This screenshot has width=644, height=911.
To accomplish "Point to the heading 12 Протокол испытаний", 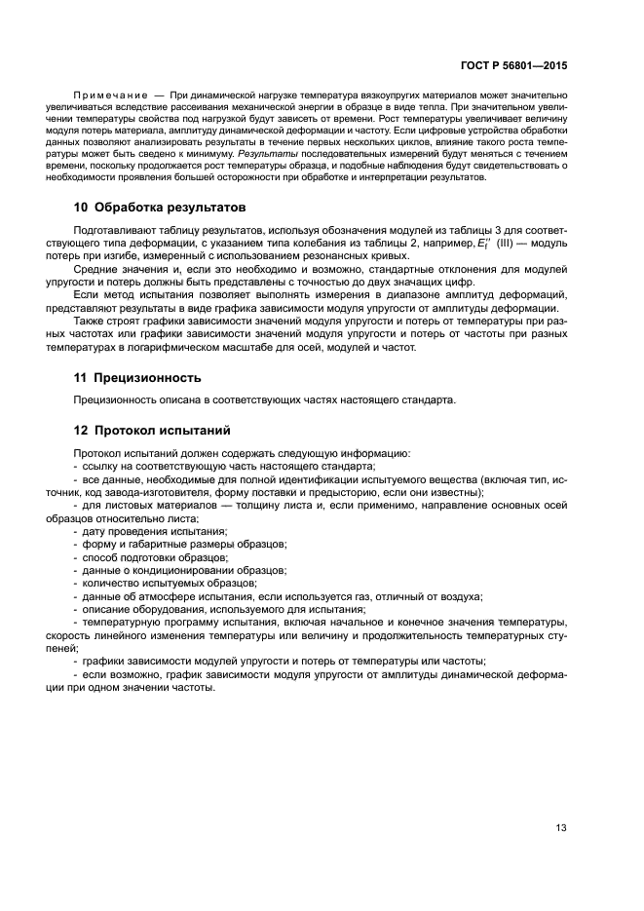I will (x=152, y=430).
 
